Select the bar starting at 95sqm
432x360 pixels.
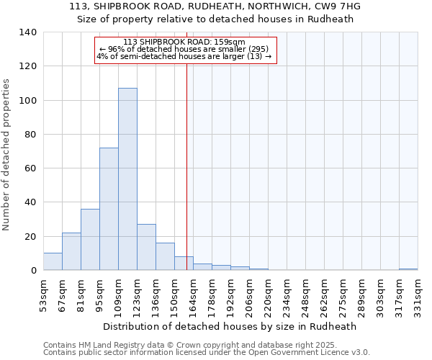109,209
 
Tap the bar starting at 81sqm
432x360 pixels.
90,239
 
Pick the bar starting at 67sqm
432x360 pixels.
71,251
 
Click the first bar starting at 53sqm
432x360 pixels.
53,261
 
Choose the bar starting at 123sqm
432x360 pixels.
146,247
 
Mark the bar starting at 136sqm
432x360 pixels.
165,256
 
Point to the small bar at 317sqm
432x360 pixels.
408,269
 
